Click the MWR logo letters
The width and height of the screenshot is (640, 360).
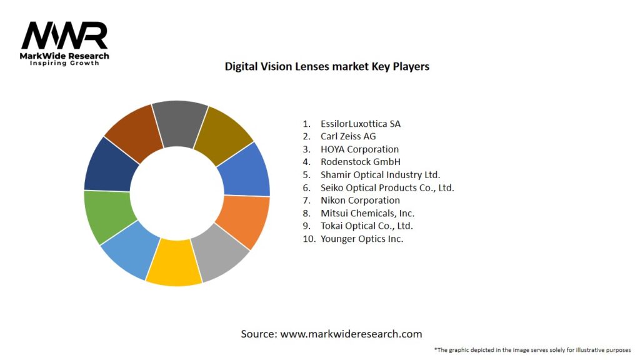coord(64,36)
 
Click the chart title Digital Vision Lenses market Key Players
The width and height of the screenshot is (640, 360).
coord(327,66)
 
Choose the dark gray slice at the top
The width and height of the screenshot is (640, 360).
coord(180,121)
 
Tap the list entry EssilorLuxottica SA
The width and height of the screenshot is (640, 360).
coord(361,124)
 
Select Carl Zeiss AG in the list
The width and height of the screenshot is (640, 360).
coord(348,136)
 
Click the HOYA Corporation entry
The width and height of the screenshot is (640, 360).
coord(359,149)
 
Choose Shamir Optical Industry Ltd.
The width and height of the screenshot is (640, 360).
coord(381,175)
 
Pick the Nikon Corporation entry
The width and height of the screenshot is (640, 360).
coord(360,201)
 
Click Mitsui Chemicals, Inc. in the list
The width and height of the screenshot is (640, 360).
coord(367,213)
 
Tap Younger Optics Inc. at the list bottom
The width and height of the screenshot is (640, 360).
coord(362,239)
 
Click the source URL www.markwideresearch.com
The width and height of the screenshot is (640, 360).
coord(351,334)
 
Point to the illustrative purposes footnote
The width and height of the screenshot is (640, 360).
coord(532,350)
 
